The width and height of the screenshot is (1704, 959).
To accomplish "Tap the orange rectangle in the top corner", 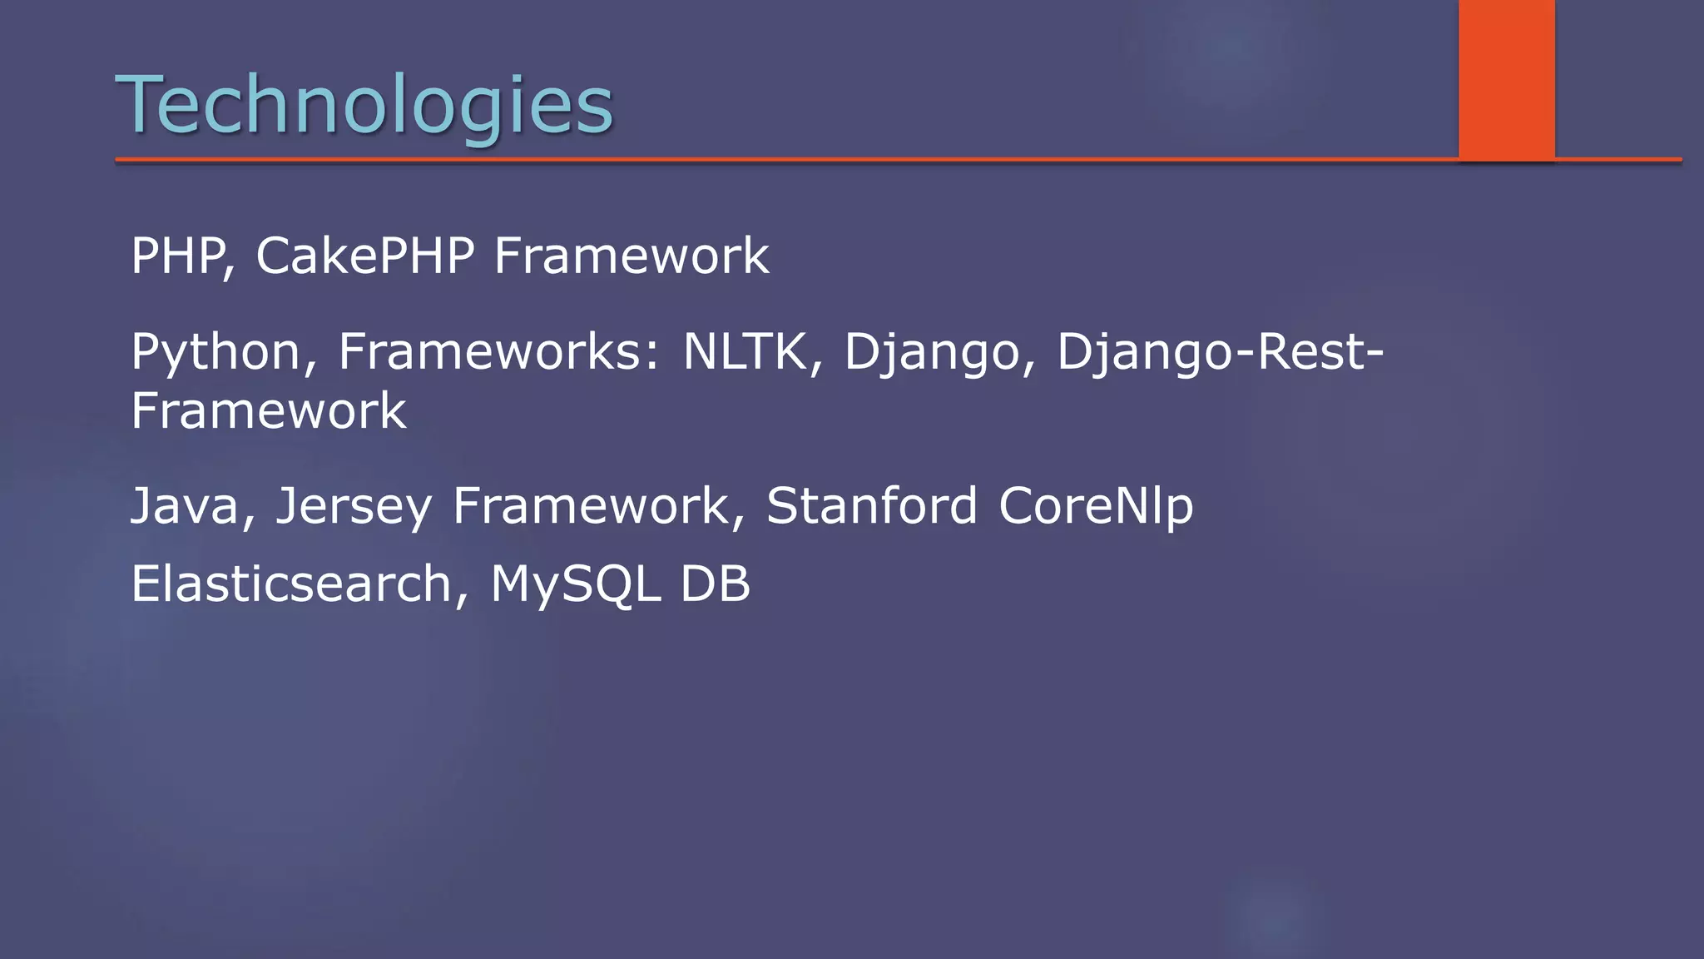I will point(1506,79).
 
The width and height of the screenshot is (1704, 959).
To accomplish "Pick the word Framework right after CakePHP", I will point(632,256).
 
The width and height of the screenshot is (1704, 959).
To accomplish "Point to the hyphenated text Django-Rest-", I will point(1220,352).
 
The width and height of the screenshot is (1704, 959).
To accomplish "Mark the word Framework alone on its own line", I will point(269,411).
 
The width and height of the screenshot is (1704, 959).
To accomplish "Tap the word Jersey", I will point(354,506).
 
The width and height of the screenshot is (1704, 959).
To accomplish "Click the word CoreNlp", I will point(1096,506).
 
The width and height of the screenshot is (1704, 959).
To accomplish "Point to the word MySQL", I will point(575,584).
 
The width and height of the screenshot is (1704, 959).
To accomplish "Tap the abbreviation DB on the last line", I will point(716,584).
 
